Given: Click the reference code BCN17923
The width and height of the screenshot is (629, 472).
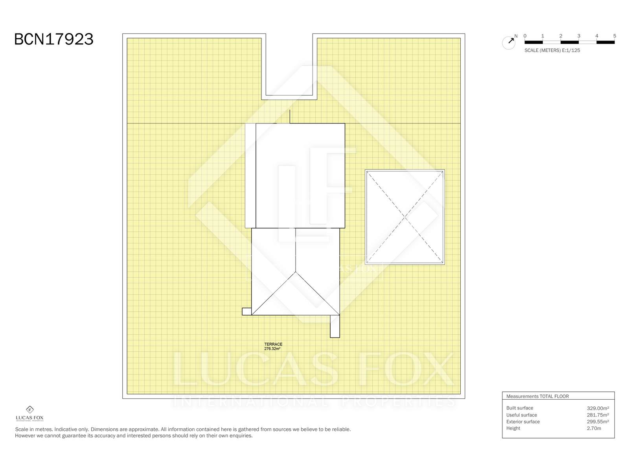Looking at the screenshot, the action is coord(53,39).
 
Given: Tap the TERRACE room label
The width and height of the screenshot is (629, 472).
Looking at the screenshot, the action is coord(273,344).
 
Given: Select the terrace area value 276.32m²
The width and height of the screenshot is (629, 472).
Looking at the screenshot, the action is coord(272,348).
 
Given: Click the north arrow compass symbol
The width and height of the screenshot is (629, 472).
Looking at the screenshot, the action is coord(509,42).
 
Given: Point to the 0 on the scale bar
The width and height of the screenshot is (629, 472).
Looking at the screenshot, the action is coord(525,36).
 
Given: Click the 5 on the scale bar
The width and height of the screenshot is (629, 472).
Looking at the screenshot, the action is coord(614,36).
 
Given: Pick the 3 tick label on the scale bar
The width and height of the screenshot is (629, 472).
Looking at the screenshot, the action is coord(579,36).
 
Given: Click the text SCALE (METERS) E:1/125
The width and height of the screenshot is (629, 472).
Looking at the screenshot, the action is coord(552,50).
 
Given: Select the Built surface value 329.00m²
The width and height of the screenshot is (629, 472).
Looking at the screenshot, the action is coord(598,408).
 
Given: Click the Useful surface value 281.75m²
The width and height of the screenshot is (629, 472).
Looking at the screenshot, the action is coord(598,415).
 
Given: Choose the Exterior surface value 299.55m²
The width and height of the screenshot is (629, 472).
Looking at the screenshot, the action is coord(598,422).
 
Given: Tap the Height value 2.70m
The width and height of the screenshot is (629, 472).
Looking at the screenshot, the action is coord(594,428).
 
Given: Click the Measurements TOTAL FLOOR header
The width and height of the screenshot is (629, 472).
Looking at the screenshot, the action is coord(537,396).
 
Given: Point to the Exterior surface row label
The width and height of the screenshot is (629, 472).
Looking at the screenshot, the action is coord(523,422).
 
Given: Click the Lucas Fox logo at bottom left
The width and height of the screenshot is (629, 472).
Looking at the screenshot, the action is coord(29,413).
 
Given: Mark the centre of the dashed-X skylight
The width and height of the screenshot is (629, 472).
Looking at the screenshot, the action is coord(405,217).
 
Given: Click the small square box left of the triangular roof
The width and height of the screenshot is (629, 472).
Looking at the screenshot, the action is coord(247,311).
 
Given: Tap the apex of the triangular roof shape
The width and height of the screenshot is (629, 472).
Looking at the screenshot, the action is coord(296,272).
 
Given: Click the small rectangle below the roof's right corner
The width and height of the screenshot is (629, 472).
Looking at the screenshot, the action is coord(335,326).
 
